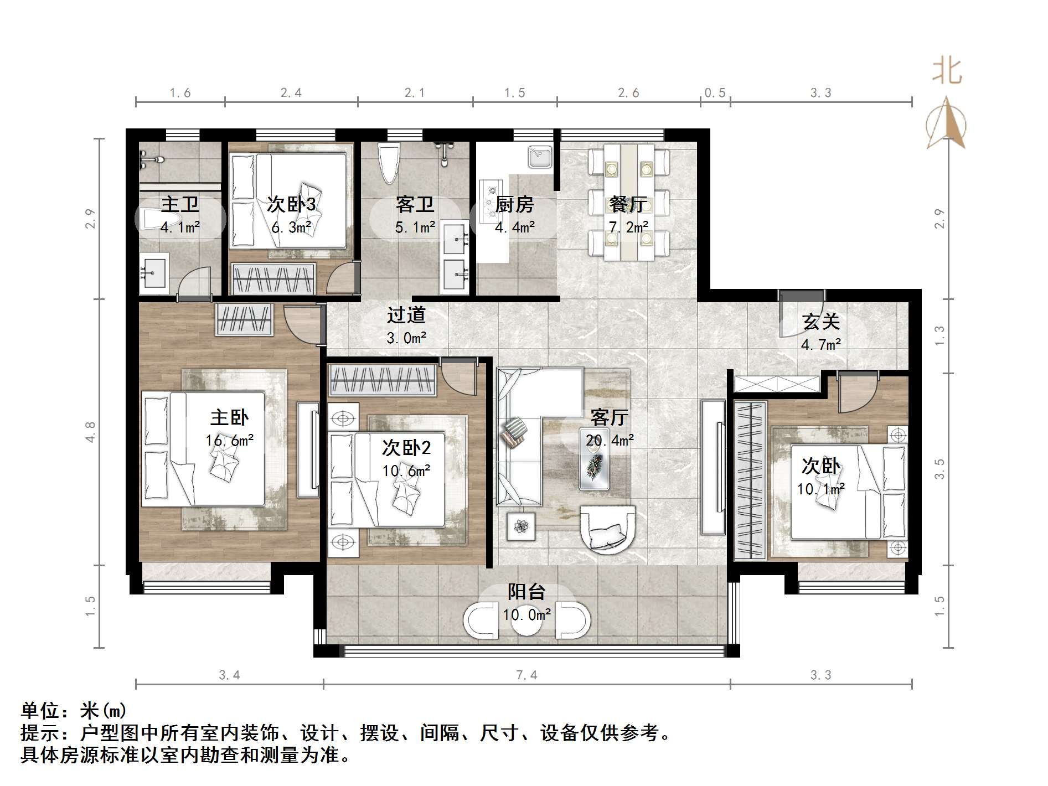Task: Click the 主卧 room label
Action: point(229,417)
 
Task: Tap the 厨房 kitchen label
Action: point(514,205)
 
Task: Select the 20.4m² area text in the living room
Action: point(610,441)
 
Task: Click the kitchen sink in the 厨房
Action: point(539,157)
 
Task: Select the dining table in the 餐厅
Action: point(628,202)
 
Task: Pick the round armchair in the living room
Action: point(607,530)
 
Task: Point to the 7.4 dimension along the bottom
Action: point(526,675)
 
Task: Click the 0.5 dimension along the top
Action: point(715,93)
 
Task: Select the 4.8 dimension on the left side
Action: point(90,432)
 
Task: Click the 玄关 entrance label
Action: point(821,322)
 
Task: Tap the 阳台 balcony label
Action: point(526,592)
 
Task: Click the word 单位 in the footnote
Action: point(40,711)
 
